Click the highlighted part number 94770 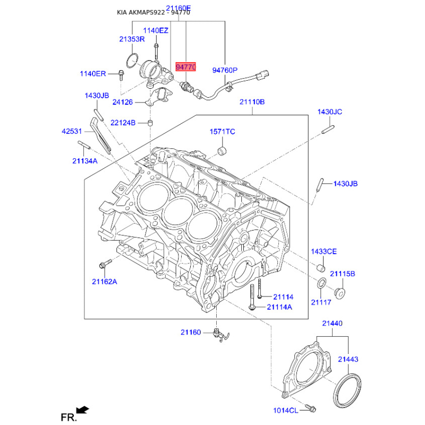click(x=186, y=67)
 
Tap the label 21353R click(x=132, y=39)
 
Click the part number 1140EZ click(x=156, y=31)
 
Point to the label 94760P click(x=225, y=70)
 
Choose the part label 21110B click(x=252, y=102)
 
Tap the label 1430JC click(x=330, y=112)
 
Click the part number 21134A click(x=85, y=160)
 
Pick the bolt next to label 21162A click(x=104, y=263)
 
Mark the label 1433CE click(x=324, y=251)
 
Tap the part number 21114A click(x=279, y=307)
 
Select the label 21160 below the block click(x=191, y=333)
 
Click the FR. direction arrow click(x=82, y=410)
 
